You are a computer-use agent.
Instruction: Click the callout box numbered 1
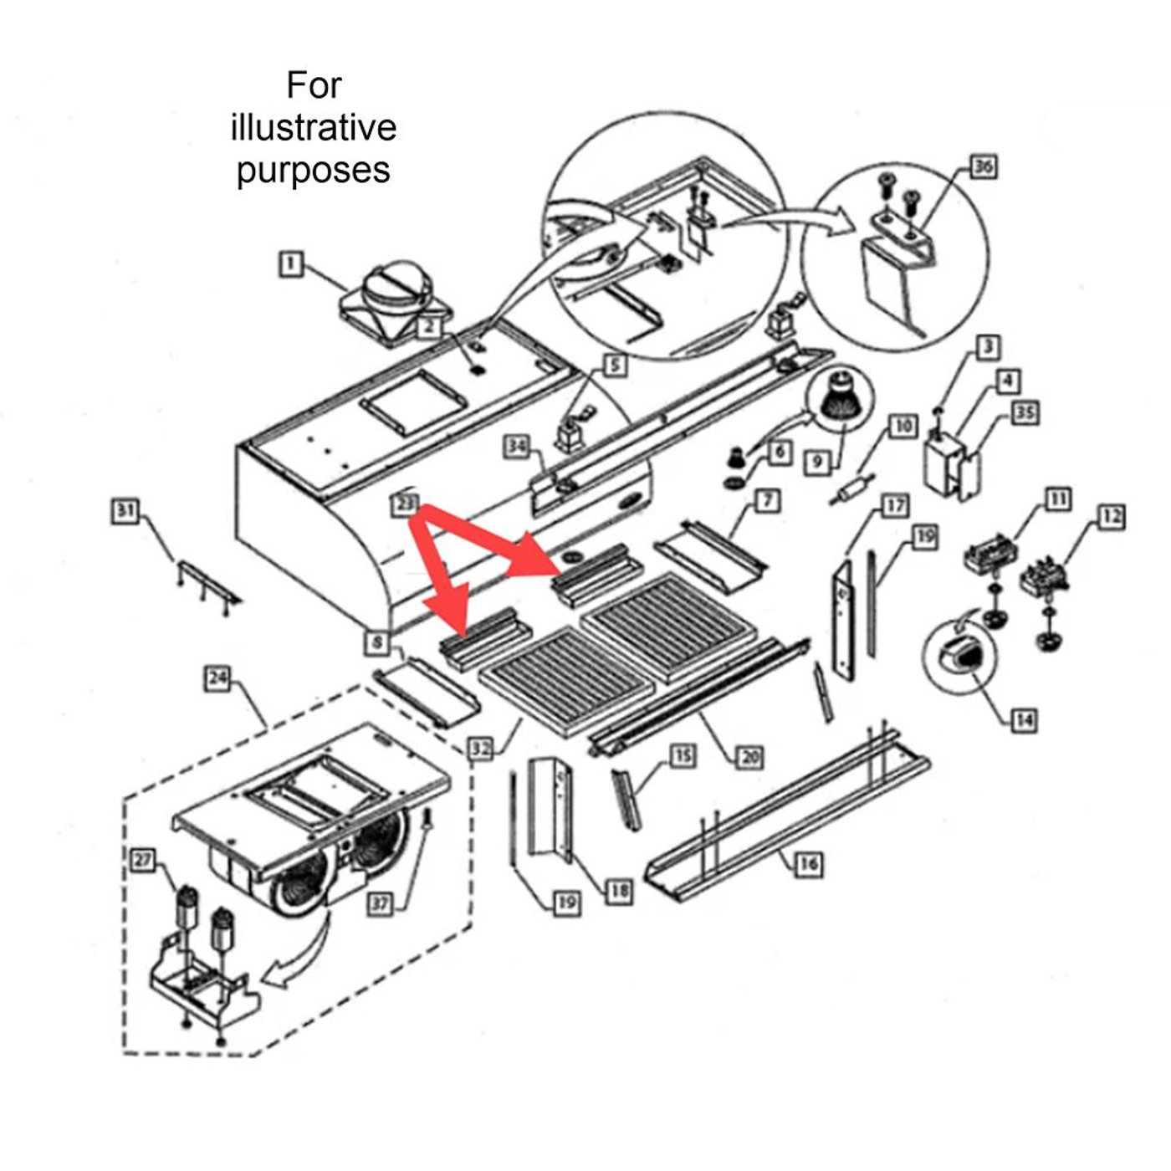[290, 265]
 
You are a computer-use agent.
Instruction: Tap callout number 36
[983, 166]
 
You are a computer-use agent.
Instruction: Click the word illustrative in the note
[314, 128]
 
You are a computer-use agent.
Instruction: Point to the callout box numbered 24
[217, 678]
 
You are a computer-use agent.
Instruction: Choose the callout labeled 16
[807, 862]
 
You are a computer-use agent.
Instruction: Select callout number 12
[1111, 516]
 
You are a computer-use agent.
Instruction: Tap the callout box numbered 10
[903, 427]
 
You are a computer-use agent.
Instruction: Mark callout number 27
[144, 860]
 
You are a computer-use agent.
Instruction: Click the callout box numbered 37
[381, 903]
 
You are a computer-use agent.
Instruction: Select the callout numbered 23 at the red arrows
[404, 504]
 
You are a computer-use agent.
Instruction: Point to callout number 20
[749, 757]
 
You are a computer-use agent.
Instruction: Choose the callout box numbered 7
[767, 500]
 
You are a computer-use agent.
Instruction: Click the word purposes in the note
[314, 170]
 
